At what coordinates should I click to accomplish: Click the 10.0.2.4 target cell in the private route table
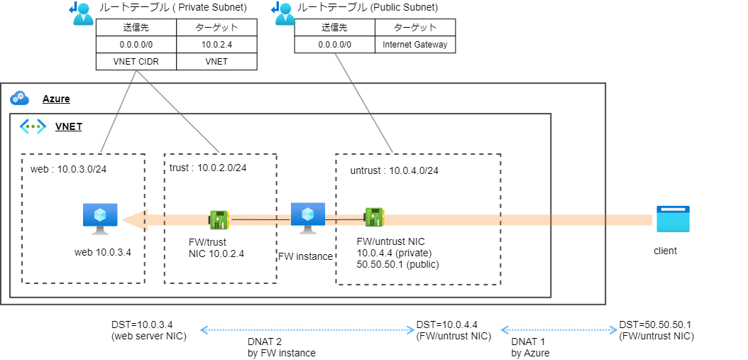(216, 44)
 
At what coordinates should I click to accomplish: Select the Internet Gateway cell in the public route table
(415, 44)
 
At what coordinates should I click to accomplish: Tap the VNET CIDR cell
(136, 61)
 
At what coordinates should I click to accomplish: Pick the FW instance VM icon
(308, 217)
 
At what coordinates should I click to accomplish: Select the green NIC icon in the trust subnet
(219, 219)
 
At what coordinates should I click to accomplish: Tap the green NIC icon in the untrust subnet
(374, 217)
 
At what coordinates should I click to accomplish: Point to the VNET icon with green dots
(33, 127)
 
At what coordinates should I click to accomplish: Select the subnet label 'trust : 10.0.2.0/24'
(208, 168)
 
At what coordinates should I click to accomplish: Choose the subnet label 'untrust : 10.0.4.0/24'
(394, 170)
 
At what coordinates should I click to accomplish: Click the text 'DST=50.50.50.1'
(654, 324)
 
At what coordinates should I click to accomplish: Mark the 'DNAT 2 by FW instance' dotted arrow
(307, 330)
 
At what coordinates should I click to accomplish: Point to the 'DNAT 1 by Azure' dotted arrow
(557, 330)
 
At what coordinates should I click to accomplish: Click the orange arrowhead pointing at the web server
(128, 220)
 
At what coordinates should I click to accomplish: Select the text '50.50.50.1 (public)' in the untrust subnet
(397, 264)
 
